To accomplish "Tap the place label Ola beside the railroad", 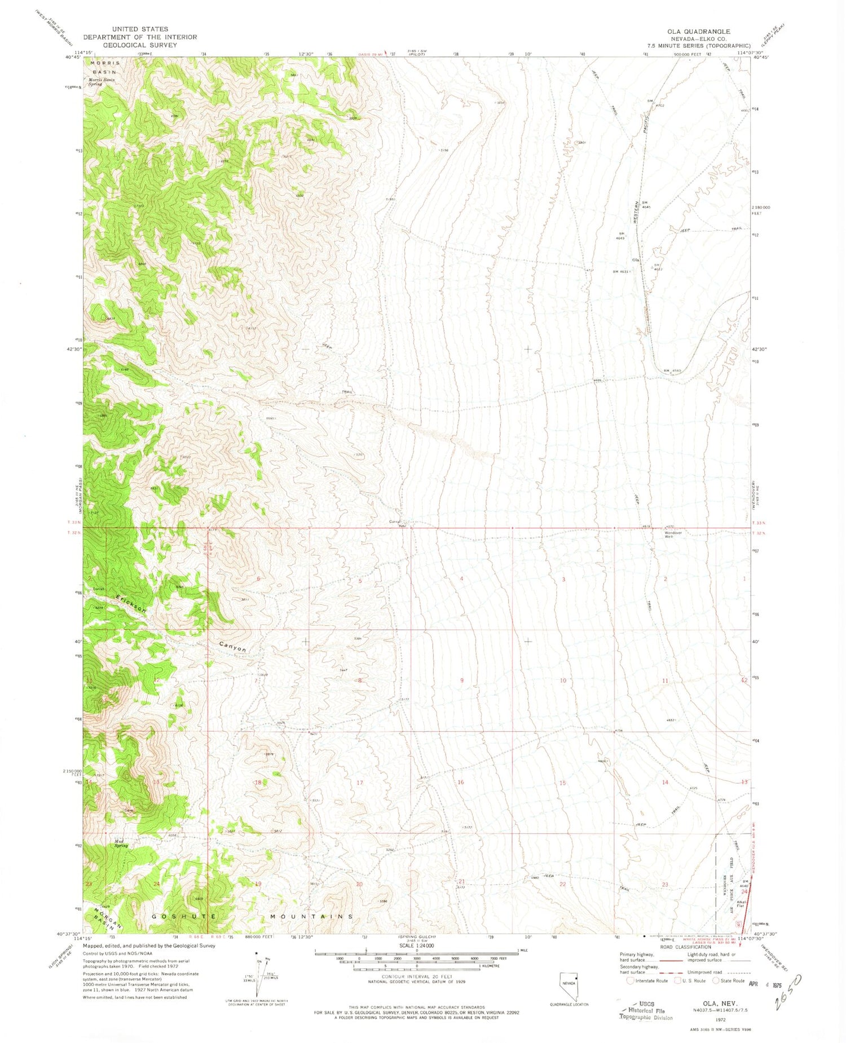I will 636,260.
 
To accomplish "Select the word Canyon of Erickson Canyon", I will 232,646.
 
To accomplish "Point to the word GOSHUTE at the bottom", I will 184,916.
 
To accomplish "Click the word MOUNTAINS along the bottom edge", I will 311,917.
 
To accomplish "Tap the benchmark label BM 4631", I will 622,272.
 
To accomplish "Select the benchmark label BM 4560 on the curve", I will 672,370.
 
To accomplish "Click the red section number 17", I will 360,783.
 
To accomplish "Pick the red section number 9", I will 462,680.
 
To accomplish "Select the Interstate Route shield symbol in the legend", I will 631,980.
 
